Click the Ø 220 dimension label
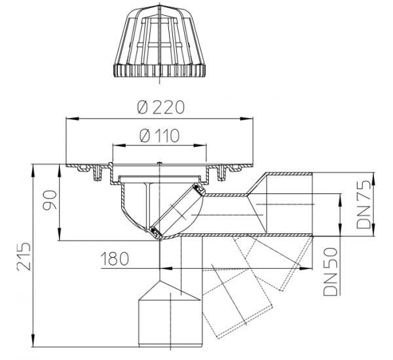coord(160,108)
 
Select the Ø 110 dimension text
coord(160,136)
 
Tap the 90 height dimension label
coord(50,200)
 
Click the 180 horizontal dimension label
coord(115,258)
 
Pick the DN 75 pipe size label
coord(364,204)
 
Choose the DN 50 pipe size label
coord(330,271)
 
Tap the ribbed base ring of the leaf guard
coord(160,71)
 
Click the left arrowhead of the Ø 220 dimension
coord(71,119)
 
